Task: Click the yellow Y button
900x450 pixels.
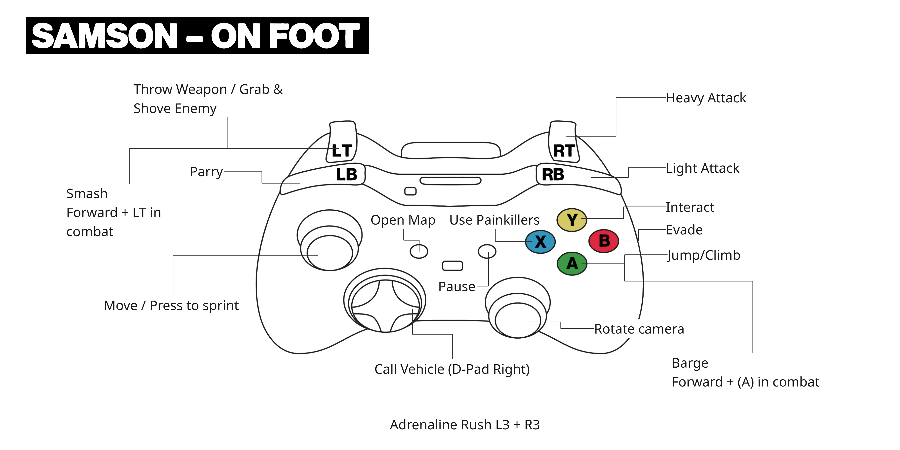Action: point(572,220)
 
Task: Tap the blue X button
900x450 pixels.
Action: point(540,241)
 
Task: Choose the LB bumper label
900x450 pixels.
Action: point(347,174)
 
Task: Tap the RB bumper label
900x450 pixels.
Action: point(553,174)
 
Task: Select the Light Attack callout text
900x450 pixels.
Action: point(702,168)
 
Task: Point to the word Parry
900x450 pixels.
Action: point(206,172)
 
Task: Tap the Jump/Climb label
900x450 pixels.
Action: point(703,255)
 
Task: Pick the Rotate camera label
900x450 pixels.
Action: point(639,329)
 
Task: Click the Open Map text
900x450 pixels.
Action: point(403,220)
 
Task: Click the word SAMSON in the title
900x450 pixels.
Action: point(105,36)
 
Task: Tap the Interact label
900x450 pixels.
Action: point(690,207)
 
